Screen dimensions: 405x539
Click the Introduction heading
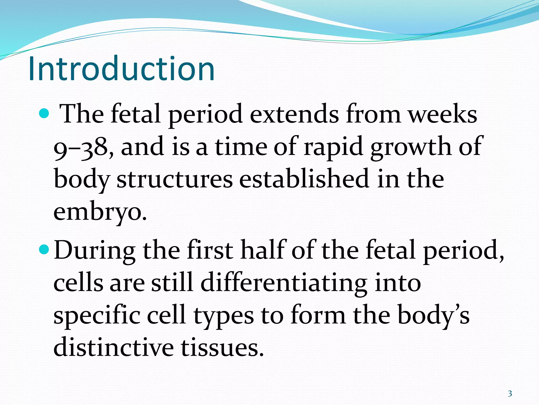pyautogui.click(x=121, y=69)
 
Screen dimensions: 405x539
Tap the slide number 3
pyautogui.click(x=510, y=394)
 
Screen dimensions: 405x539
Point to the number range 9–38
pyautogui.click(x=84, y=148)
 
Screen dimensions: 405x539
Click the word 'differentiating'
pyautogui.click(x=284, y=283)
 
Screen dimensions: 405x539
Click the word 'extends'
pyautogui.click(x=294, y=114)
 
